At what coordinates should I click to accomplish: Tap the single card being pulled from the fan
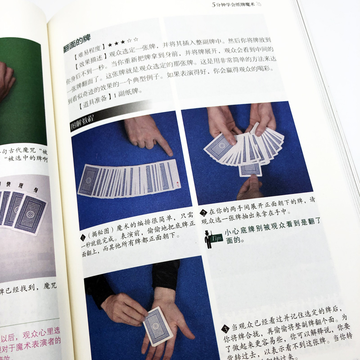point(250,168)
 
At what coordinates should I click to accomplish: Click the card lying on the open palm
point(157,325)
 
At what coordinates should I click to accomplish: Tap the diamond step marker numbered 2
point(204,212)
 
